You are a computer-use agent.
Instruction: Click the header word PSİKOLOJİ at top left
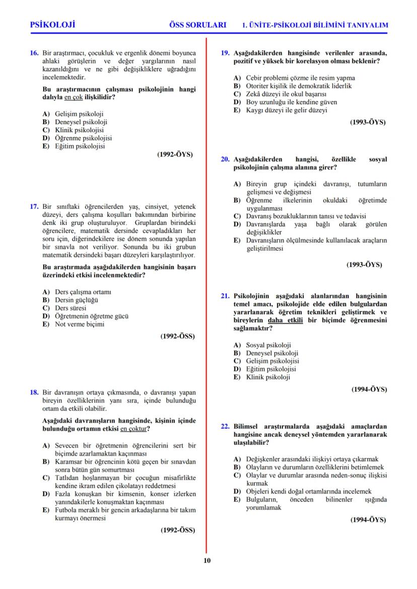(52, 25)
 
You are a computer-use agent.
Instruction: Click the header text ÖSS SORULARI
(197, 25)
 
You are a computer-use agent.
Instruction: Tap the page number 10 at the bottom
(207, 561)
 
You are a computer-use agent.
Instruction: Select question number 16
(34, 53)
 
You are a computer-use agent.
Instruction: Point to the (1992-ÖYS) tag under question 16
(175, 155)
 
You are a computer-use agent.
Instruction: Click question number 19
(226, 53)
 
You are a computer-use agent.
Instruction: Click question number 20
(226, 159)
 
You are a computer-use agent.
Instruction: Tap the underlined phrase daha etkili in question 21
(286, 320)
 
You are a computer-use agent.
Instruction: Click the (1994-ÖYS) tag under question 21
(368, 389)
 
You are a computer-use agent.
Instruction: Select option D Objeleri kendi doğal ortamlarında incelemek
(308, 491)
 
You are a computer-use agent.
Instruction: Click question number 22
(226, 426)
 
